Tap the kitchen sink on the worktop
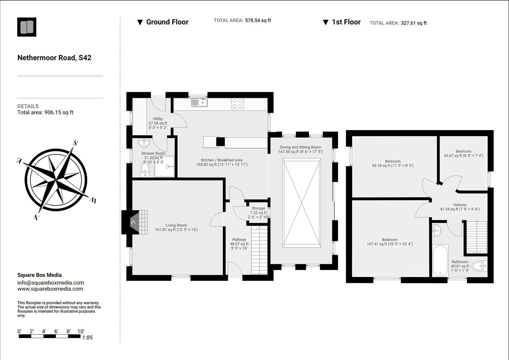[199, 103]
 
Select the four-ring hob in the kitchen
[237, 103]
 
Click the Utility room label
[158, 119]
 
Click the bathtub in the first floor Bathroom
[440, 260]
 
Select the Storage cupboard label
[258, 208]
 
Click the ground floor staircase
[259, 250]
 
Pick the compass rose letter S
[75, 143]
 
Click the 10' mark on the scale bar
[81, 331]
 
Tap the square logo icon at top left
[27, 27]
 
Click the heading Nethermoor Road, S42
[54, 58]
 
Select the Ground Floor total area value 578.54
[258, 20]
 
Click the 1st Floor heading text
[346, 22]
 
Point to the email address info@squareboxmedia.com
[51, 283]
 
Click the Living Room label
[176, 225]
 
